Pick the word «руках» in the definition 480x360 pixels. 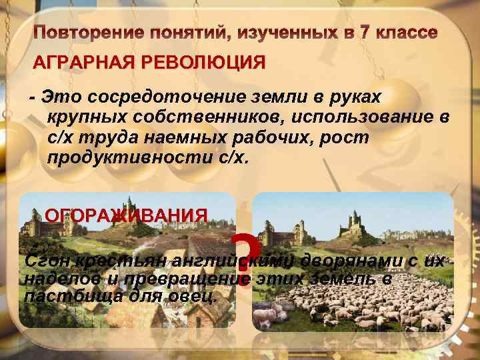(x=358, y=97)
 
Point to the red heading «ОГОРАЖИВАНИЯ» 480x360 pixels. (x=125, y=215)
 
